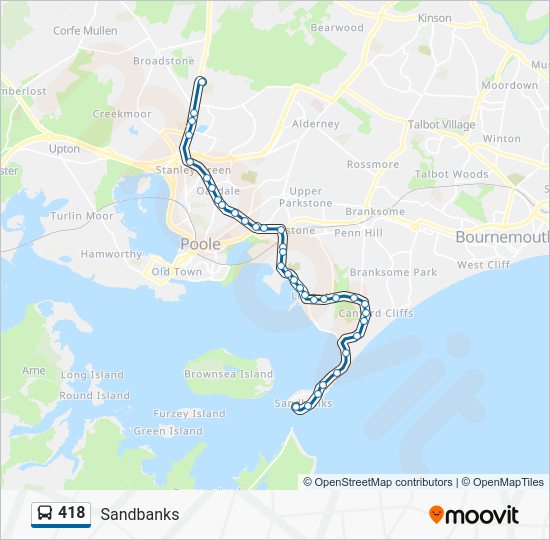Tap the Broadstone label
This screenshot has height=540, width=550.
pos(164,61)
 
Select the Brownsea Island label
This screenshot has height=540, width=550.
pos(228,375)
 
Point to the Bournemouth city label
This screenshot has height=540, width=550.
pos(502,238)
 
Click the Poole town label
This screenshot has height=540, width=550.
pos(200,245)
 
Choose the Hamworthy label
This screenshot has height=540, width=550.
pos(111,255)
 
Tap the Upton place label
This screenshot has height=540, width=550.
pos(64,149)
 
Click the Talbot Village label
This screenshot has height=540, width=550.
pos(442,125)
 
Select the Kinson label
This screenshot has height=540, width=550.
pos(435,18)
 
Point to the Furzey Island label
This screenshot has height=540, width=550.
pos(189,414)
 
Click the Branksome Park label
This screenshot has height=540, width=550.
pos(394,273)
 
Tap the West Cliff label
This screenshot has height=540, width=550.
pos(484,265)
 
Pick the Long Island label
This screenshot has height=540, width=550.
pos(92,375)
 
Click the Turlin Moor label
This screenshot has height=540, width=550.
pos(82,216)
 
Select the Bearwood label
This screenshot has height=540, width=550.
pos(337,28)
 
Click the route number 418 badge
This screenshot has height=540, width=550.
pos(71,513)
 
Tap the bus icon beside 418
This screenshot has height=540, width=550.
pos(45,514)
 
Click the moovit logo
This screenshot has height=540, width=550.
pos(474,515)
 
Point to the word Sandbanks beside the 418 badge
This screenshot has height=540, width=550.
pos(140,514)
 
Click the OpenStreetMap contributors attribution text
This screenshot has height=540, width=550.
pos(383,482)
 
